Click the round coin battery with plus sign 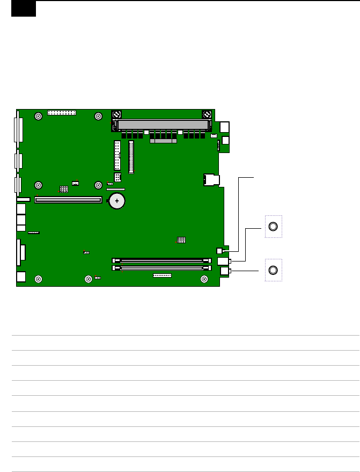(x=117, y=201)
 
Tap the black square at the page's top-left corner (x=24, y=9)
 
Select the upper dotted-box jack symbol (x=273, y=227)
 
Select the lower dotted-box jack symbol (x=273, y=270)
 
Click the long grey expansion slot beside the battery (x=68, y=200)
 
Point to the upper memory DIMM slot (x=161, y=260)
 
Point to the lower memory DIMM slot (x=161, y=266)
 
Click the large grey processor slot (x=163, y=125)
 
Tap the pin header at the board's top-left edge (x=62, y=113)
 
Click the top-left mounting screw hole (x=38, y=117)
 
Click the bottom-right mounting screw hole (x=204, y=278)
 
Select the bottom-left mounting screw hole (x=38, y=278)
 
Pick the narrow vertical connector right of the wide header (x=131, y=157)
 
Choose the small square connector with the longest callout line (x=219, y=251)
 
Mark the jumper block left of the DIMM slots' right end (x=181, y=239)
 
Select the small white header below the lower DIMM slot (x=162, y=275)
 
